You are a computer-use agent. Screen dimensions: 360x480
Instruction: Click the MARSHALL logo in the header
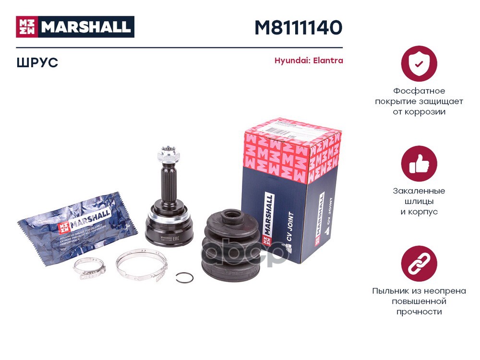point(75,27)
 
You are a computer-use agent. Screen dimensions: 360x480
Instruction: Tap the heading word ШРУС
point(37,62)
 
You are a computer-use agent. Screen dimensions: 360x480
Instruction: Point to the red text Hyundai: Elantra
point(309,61)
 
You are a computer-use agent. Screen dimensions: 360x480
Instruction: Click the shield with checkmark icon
point(419,63)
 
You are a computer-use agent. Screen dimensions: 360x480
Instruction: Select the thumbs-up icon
point(419,164)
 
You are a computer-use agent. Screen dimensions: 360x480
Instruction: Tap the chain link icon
point(419,264)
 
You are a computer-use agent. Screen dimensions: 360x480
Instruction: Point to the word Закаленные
point(419,191)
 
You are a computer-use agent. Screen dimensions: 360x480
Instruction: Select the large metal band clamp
point(142,263)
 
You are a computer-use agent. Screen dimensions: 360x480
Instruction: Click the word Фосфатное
point(419,91)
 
